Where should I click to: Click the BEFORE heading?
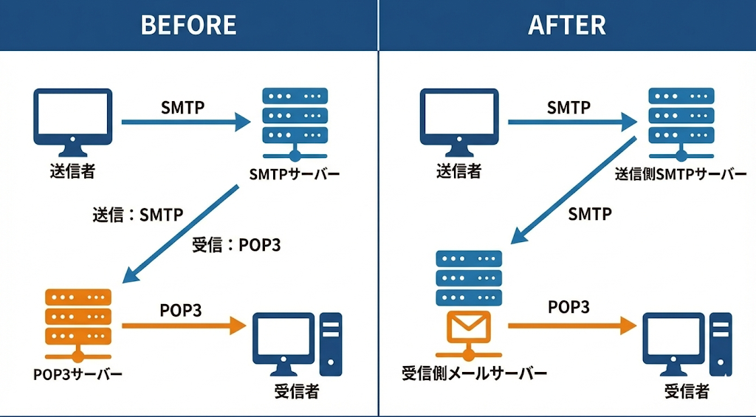pos(188,25)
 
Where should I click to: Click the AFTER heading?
pos(567,25)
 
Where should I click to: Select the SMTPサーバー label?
pos(295,174)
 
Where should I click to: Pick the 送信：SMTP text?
pos(137,216)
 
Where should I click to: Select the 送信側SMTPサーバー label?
pos(680,174)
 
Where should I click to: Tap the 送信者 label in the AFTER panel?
pos(458,171)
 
